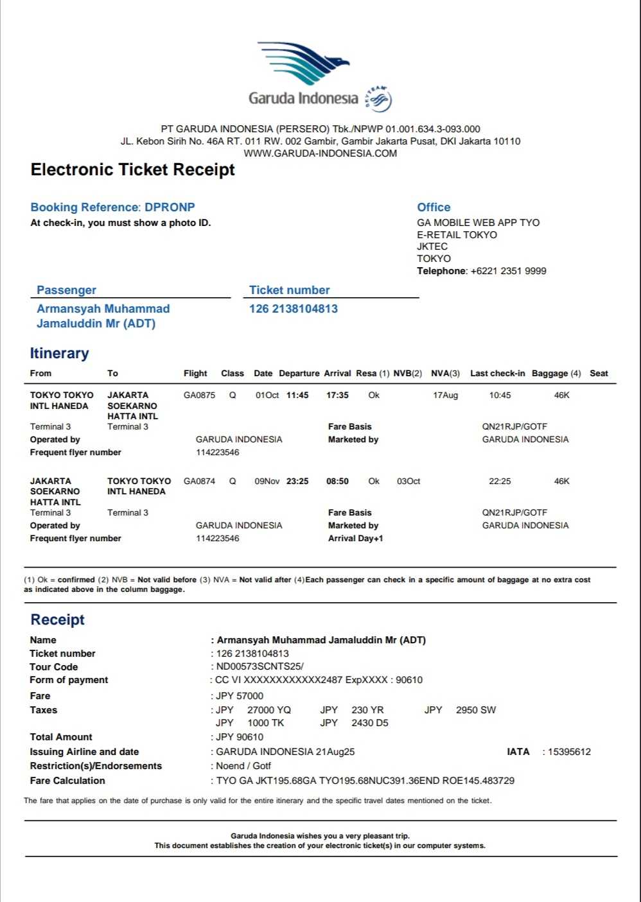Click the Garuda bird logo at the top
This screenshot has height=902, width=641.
pos(304,62)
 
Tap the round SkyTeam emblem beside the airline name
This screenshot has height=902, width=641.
pos(379,99)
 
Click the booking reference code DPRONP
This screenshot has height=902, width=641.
pos(170,207)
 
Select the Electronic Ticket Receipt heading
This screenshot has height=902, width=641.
pos(133,169)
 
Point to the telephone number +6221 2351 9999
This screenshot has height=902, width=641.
pos(508,271)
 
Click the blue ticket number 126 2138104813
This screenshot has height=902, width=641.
pos(294,309)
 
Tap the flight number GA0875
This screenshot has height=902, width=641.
pos(199,395)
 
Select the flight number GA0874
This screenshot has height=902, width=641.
pos(199,481)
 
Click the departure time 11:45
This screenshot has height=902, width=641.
pos(297,395)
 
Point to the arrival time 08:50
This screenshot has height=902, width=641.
pos(337,481)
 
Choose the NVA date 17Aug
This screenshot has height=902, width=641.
pos(445,395)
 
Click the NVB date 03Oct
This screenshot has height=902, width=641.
pos(408,481)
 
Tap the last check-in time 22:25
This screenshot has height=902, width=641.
pos(500,481)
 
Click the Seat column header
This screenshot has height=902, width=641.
pos(599,374)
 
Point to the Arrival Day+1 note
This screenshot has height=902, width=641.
pos(355,539)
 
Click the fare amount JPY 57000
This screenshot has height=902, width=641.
pos(240,696)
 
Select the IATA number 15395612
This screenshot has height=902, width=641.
pos(569,752)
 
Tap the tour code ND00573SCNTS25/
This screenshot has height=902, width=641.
pos(259,666)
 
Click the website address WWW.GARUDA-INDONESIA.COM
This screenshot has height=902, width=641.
pos(320,153)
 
